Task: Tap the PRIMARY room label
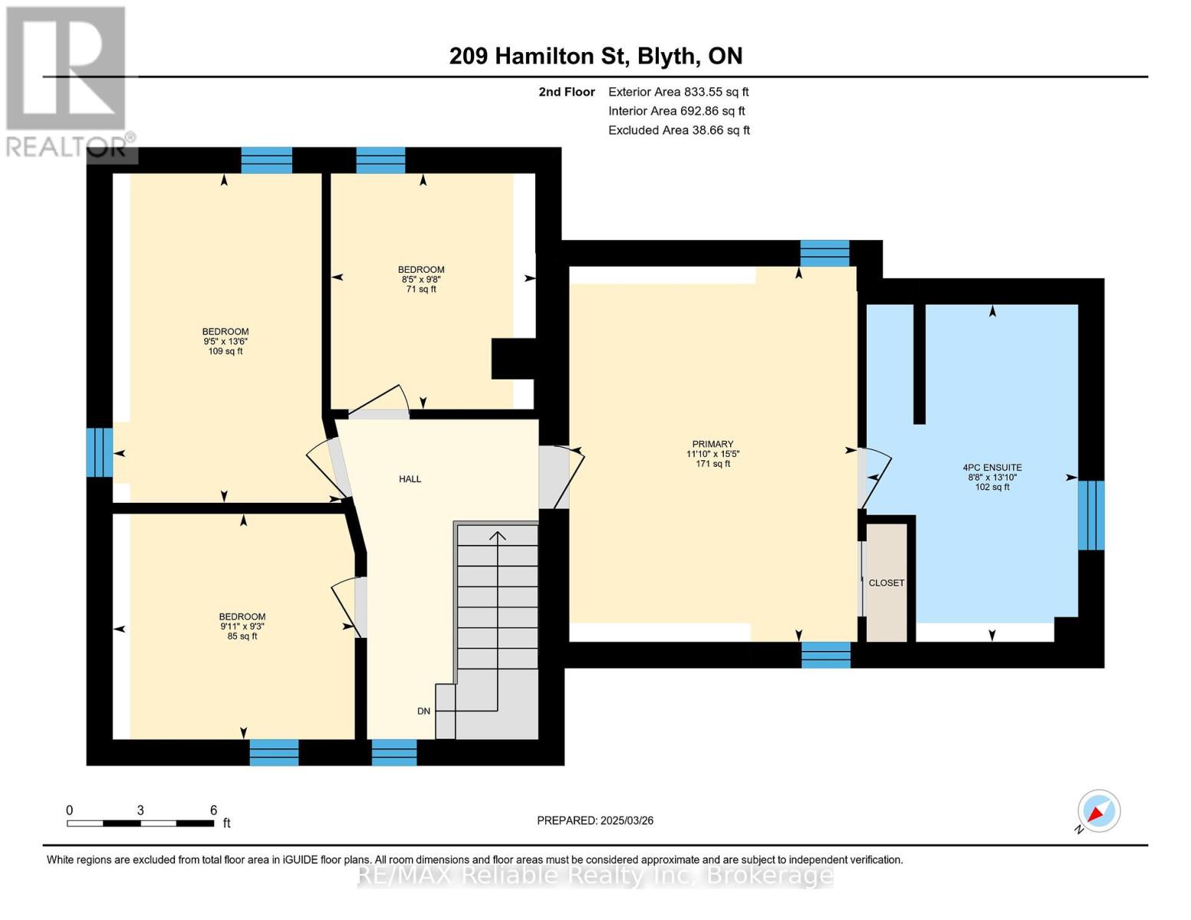pyautogui.click(x=712, y=444)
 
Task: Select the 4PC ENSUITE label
pyautogui.click(x=992, y=468)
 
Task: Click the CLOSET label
pyautogui.click(x=887, y=583)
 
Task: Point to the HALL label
pyautogui.click(x=410, y=479)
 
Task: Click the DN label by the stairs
pyautogui.click(x=423, y=711)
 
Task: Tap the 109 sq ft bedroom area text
pyautogui.click(x=225, y=351)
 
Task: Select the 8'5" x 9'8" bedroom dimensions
pyautogui.click(x=421, y=280)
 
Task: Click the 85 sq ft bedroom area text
pyautogui.click(x=242, y=636)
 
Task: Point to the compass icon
pyautogui.click(x=1098, y=811)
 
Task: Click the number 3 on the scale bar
pyautogui.click(x=140, y=810)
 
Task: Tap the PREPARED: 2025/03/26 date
pyautogui.click(x=595, y=820)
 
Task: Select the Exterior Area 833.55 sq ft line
pyautogui.click(x=679, y=92)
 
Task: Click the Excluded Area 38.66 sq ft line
pyautogui.click(x=679, y=130)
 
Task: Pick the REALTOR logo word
pyautogui.click(x=66, y=147)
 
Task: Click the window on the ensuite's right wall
pyautogui.click(x=1091, y=515)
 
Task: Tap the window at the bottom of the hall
pyautogui.click(x=394, y=752)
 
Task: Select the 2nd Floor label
pyautogui.click(x=567, y=92)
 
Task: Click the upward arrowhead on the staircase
pyautogui.click(x=497, y=535)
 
